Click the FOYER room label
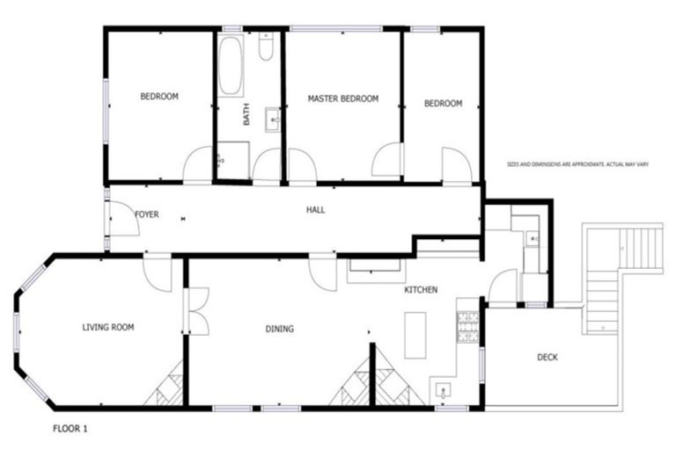pyautogui.click(x=146, y=214)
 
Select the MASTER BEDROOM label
pyautogui.click(x=342, y=99)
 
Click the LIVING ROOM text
pyautogui.click(x=107, y=328)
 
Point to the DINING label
pyautogui.click(x=279, y=330)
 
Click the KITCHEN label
pyautogui.click(x=421, y=290)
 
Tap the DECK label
pyautogui.click(x=547, y=357)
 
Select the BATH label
pyautogui.click(x=246, y=114)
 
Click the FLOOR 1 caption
pyautogui.click(x=70, y=430)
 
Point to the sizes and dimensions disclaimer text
pyautogui.click(x=577, y=163)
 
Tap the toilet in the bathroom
pyautogui.click(x=266, y=47)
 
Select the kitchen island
pyautogui.click(x=415, y=335)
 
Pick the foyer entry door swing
pyautogui.click(x=123, y=220)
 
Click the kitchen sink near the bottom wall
pyautogui.click(x=442, y=390)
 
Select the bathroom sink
pyautogui.click(x=274, y=117)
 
